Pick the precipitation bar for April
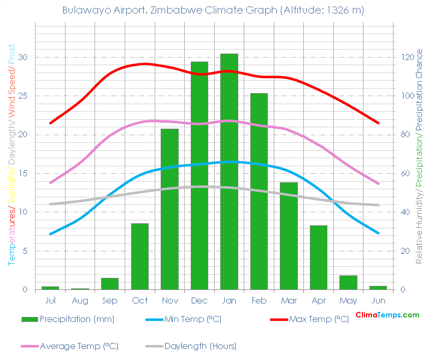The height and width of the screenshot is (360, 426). [318, 257]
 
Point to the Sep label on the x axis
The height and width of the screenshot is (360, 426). [110, 300]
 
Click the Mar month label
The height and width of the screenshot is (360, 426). [289, 300]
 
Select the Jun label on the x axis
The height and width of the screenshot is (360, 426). [378, 300]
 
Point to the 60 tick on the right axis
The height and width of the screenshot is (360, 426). [403, 173]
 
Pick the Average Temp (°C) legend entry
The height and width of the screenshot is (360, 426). [79, 346]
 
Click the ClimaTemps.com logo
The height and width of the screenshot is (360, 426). [387, 315]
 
